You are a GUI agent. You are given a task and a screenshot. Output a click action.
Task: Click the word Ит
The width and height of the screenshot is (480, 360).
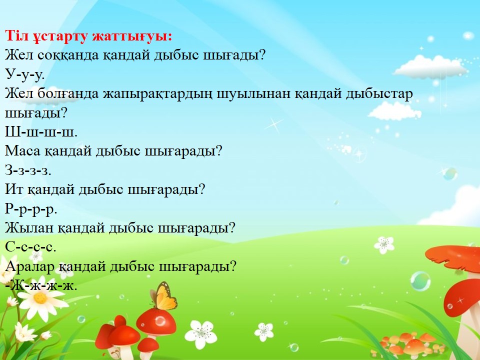click(14, 189)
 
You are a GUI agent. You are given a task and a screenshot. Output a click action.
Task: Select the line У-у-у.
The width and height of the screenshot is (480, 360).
click(25, 74)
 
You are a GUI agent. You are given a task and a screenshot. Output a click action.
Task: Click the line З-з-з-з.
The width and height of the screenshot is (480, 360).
click(28, 170)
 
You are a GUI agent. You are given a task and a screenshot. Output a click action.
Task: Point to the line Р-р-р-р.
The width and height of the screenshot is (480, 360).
click(31, 209)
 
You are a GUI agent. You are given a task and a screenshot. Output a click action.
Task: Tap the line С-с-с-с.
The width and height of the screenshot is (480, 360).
click(30, 247)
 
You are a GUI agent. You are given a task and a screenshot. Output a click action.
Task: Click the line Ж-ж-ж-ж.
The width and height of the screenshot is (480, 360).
click(41, 285)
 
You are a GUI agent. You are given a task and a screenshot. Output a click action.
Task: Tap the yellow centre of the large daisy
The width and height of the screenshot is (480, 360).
click(40, 298)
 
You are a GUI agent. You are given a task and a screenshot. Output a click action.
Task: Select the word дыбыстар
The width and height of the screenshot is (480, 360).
click(379, 93)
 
